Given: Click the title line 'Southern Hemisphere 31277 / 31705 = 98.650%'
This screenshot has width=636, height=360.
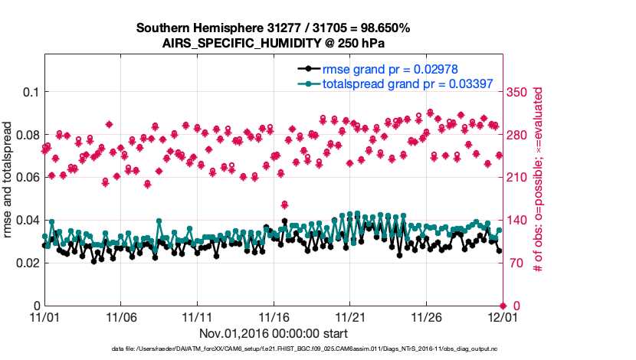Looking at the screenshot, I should pos(273,28).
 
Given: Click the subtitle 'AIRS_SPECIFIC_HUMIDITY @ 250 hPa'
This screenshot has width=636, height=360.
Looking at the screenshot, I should pos(273,43).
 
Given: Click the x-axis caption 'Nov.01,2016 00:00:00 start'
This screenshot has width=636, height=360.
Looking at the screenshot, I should pos(274,333).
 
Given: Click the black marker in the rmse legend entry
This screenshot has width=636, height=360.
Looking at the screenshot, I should pos(307,69).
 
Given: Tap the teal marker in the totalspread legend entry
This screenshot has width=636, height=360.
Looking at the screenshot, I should pos(307,83).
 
